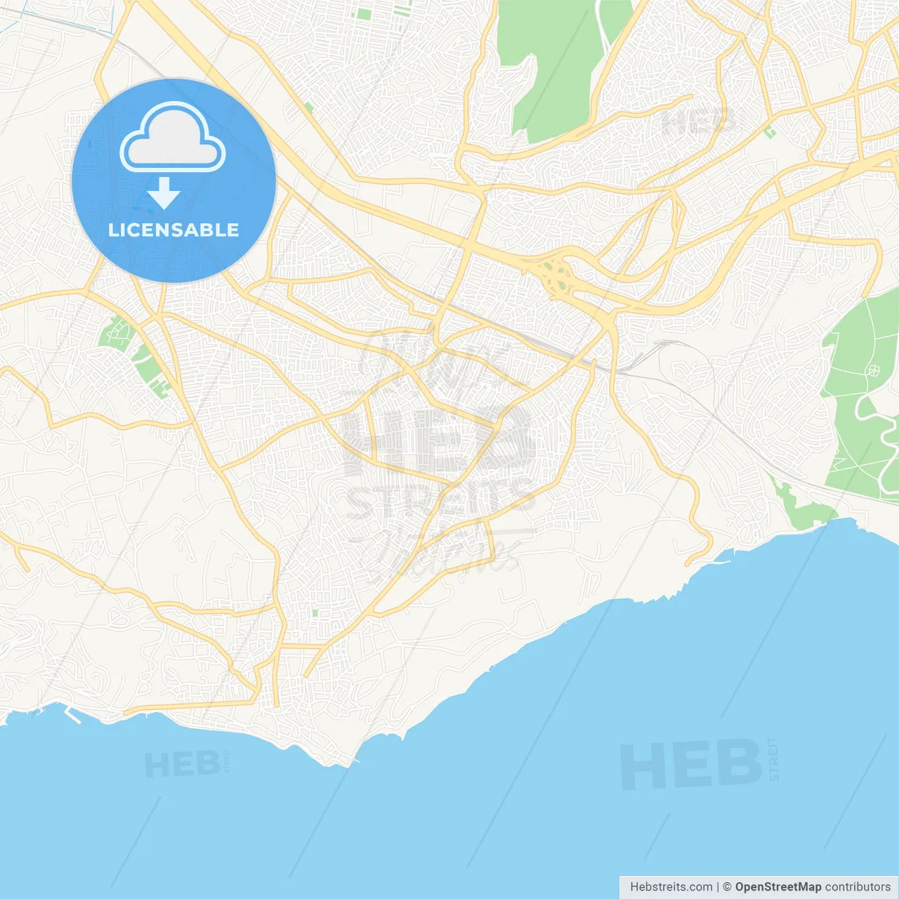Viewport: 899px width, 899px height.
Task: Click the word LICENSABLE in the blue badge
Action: point(173,230)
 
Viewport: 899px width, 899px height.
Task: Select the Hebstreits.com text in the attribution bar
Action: point(671,887)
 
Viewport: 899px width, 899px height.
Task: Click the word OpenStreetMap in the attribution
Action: point(777,887)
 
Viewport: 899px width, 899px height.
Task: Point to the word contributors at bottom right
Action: point(858,887)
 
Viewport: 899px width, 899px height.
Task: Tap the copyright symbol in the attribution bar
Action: point(727,887)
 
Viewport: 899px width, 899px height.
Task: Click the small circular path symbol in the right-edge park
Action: point(873,370)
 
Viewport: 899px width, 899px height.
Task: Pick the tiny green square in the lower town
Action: point(315,613)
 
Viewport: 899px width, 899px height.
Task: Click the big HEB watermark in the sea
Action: point(691,764)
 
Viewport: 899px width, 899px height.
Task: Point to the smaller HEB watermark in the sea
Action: point(183,765)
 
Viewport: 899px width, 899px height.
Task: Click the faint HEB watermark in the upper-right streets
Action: point(695,122)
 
